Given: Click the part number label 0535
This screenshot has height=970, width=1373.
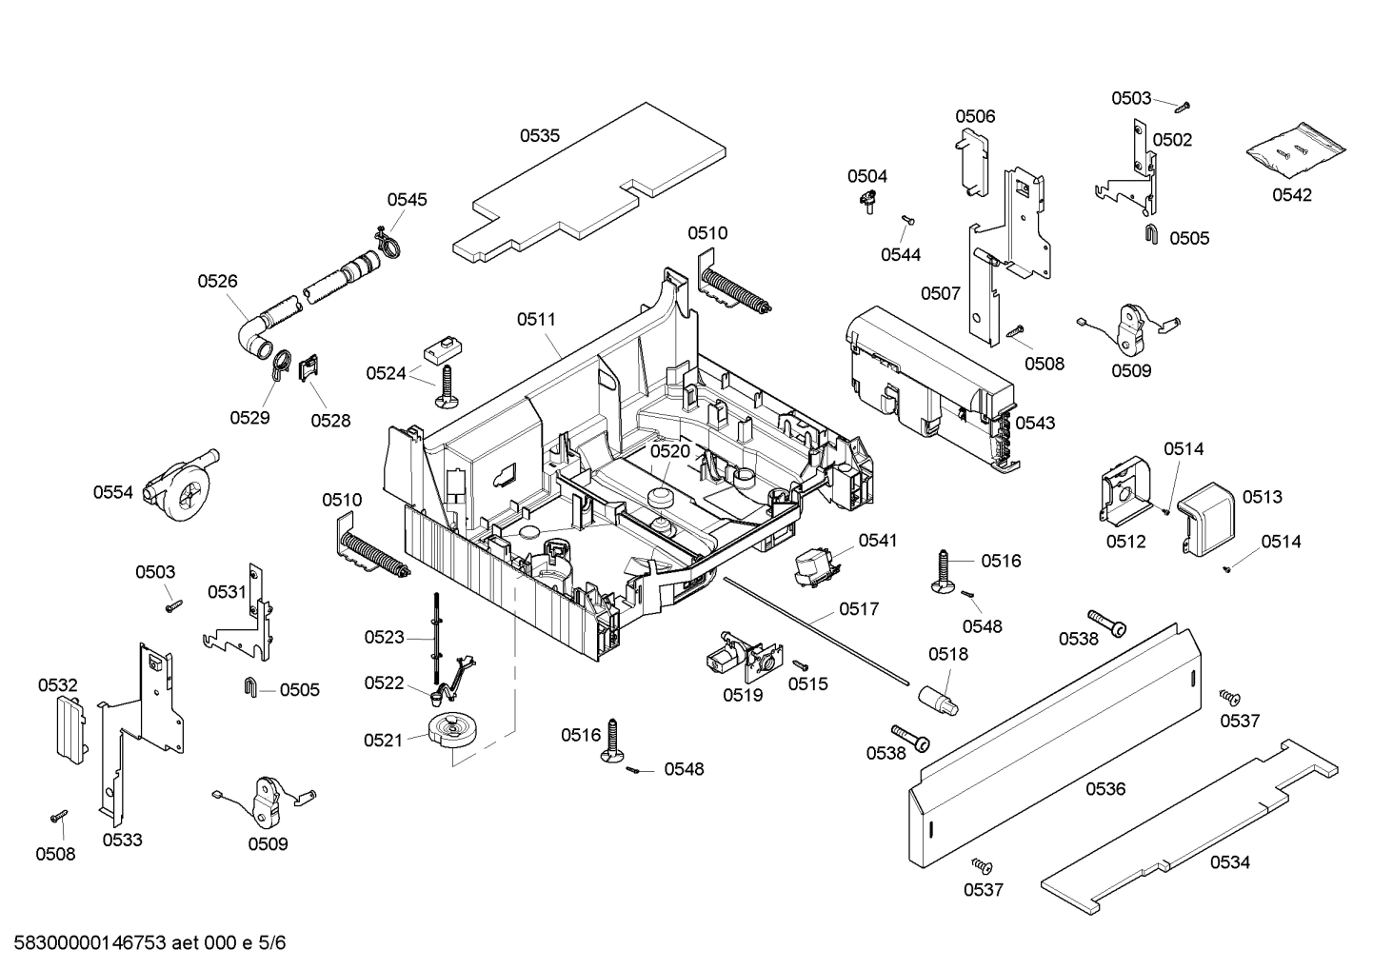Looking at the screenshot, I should click(539, 136).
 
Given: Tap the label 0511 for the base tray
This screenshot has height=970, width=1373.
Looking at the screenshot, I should click(536, 320).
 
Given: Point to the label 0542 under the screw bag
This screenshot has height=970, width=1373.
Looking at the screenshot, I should click(1292, 195).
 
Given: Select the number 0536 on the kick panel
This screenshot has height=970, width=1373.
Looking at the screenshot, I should click(1104, 788).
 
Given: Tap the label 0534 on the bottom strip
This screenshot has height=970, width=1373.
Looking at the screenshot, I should click(1230, 862).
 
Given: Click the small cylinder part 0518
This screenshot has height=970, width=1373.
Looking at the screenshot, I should click(940, 698).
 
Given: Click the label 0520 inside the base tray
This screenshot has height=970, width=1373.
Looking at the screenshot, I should click(669, 451).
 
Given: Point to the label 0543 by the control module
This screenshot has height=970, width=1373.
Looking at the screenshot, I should click(1035, 423).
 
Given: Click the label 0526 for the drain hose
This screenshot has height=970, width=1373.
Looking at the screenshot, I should click(218, 281).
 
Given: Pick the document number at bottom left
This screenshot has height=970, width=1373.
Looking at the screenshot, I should click(145, 943).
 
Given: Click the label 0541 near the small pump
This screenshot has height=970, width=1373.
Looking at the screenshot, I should click(877, 541).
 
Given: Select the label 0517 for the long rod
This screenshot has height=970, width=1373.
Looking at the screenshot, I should click(859, 608).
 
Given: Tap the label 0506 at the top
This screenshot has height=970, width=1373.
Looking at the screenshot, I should click(975, 116).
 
